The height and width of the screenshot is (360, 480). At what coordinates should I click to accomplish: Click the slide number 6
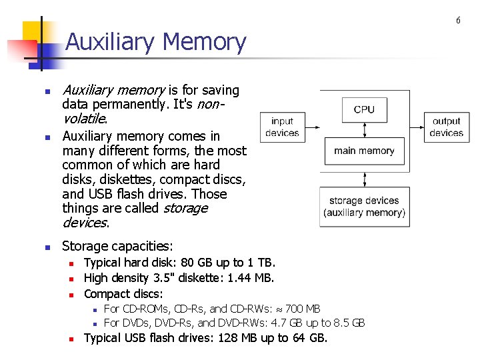458,21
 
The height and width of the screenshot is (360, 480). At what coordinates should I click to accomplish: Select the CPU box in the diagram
364,109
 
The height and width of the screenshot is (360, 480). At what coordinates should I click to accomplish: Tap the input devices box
282,127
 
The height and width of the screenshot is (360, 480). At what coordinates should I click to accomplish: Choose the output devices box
446,127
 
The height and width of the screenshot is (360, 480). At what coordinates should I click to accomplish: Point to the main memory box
364,151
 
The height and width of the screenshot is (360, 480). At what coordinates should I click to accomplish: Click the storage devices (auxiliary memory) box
364,207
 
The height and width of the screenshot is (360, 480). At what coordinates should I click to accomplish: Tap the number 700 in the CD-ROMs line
297,308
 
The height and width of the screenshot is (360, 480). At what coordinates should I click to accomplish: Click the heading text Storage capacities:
117,247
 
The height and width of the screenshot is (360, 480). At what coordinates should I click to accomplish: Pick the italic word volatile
83,119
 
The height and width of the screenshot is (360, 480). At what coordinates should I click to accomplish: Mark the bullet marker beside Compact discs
69,294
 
